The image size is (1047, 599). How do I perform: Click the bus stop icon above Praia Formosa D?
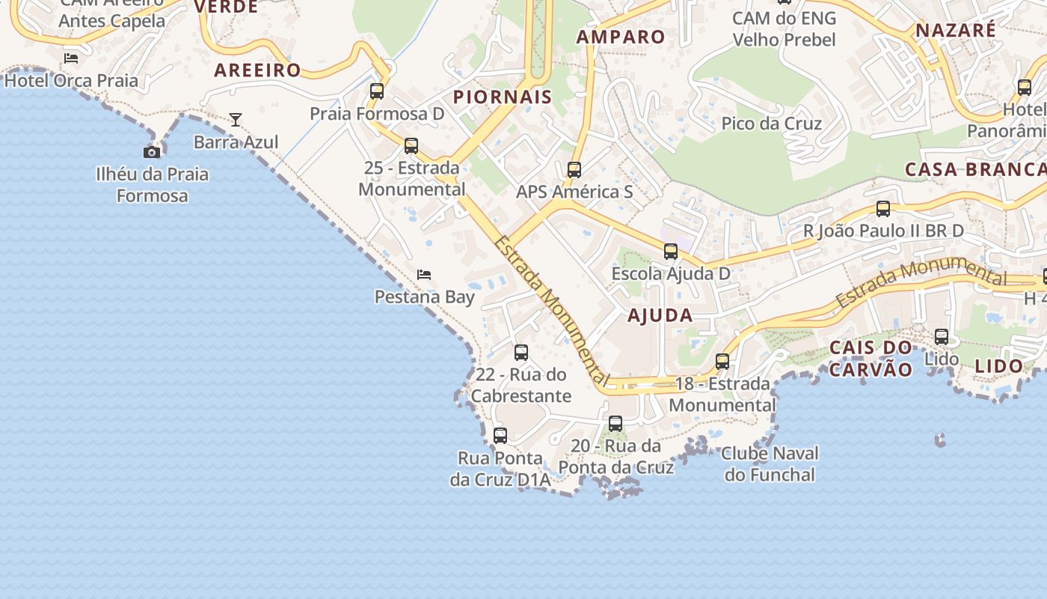377,91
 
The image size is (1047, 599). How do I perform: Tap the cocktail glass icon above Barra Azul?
236,119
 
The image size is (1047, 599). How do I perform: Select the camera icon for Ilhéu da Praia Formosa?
152,152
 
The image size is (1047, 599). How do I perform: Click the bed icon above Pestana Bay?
424,275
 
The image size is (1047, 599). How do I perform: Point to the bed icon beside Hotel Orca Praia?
71,58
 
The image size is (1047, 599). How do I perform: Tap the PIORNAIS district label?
503,97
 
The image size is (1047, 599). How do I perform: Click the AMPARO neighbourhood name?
621,37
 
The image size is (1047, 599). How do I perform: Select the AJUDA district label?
660,315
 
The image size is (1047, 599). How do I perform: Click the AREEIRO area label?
257,70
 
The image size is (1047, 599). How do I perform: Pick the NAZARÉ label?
956,30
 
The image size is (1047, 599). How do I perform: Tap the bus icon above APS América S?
574,170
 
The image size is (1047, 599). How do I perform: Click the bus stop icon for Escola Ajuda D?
671,252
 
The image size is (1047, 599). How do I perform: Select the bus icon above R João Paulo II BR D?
883,209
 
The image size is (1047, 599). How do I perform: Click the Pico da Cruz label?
771,124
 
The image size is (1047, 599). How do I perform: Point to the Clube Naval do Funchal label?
770,463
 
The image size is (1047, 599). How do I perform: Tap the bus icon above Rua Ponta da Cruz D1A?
500,435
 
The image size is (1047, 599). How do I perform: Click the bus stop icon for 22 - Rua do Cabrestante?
521,352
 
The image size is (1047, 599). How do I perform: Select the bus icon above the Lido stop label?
942,337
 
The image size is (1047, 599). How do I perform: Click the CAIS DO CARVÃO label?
871,359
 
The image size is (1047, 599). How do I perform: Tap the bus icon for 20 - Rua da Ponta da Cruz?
615,424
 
